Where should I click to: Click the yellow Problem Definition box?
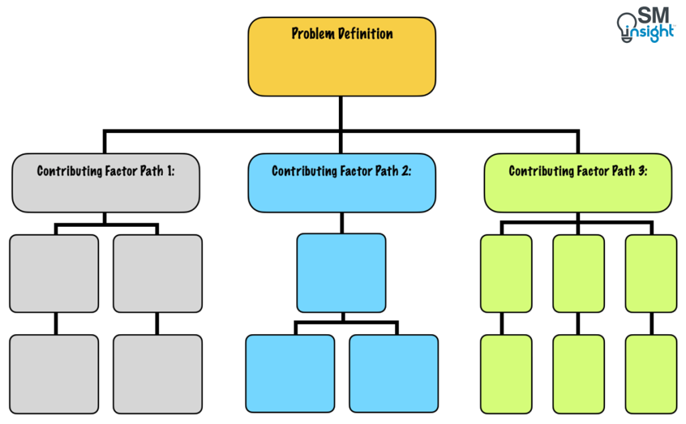[342, 57]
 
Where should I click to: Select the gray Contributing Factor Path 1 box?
[106, 183]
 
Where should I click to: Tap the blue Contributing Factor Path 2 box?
[342, 183]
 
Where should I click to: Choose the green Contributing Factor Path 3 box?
[577, 183]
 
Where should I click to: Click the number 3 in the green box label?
[642, 171]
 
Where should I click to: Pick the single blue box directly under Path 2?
[341, 273]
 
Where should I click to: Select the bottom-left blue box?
[290, 374]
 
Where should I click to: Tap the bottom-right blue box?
[393, 374]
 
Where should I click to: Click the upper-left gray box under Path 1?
[54, 273]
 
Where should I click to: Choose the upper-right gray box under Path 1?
[157, 273]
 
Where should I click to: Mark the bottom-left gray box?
[54, 374]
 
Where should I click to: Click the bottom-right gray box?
[157, 374]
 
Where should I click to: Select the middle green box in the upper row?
[578, 273]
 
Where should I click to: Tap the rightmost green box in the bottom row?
[650, 374]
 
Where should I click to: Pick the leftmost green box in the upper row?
[506, 273]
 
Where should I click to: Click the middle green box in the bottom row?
[578, 374]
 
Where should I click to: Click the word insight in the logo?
[652, 32]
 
